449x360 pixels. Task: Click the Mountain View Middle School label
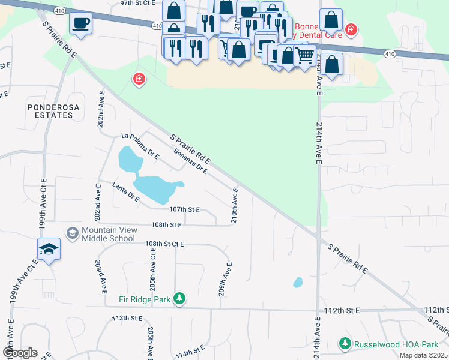point(108,234)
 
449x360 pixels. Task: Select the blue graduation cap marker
point(49,249)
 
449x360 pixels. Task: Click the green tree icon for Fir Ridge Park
point(179,298)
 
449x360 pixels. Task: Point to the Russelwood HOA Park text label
point(396,344)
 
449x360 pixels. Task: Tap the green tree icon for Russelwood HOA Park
point(345,344)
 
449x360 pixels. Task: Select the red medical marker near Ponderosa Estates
point(139,79)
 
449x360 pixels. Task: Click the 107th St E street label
point(185,210)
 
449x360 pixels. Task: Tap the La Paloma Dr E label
point(140,146)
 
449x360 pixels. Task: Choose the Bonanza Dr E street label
point(190,161)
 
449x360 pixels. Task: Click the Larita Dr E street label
point(125,193)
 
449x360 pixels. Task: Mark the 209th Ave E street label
point(225,278)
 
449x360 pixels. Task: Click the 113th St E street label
point(127,318)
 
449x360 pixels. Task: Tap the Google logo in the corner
point(19,353)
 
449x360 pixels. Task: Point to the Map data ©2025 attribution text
point(423,355)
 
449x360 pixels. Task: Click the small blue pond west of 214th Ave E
point(298,282)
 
